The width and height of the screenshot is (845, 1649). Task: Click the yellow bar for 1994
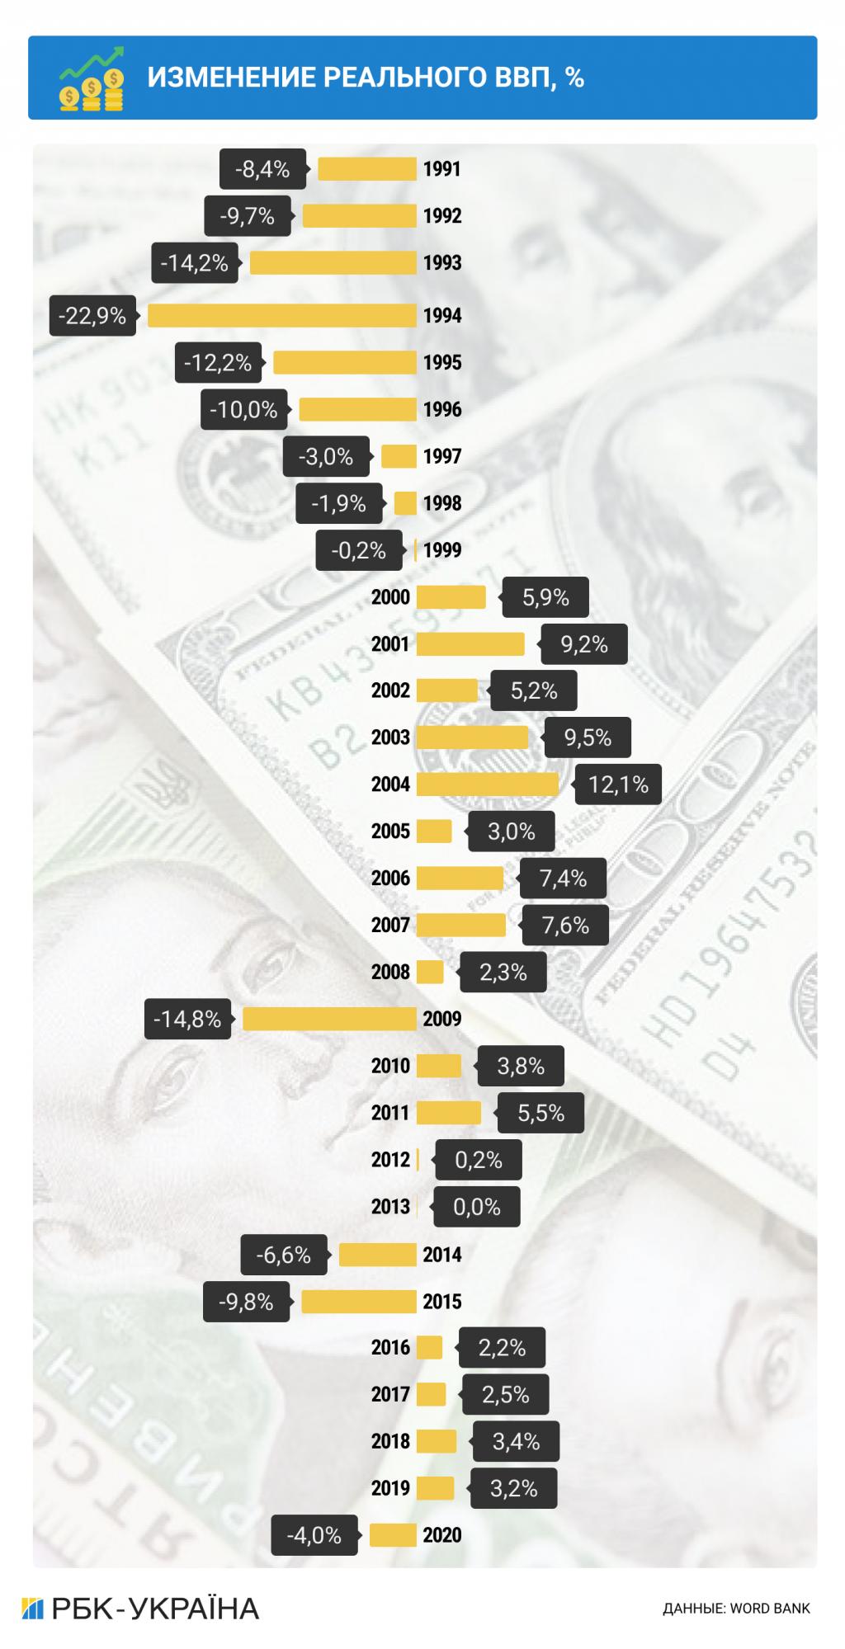(x=281, y=316)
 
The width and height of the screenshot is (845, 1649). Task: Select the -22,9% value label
(x=92, y=316)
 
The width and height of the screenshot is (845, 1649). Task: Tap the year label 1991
(x=442, y=169)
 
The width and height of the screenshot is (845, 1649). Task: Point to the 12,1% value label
(x=618, y=784)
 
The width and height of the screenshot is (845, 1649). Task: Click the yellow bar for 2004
(x=487, y=784)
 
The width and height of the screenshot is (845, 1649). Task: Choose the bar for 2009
(x=329, y=1019)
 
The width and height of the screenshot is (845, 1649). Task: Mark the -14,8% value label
(x=187, y=1020)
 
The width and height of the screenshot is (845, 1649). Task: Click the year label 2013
(x=390, y=1207)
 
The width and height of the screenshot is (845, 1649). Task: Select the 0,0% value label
(x=477, y=1208)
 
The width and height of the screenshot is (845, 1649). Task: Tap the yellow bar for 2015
(x=358, y=1302)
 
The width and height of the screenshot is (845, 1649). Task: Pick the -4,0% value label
(x=314, y=1535)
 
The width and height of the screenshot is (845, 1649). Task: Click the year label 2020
(x=442, y=1535)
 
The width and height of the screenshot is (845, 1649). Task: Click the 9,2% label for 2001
(x=584, y=644)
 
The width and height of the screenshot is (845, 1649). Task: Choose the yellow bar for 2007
(x=460, y=926)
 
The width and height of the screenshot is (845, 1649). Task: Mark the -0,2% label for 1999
(x=358, y=550)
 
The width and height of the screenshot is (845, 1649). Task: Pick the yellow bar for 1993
(x=333, y=263)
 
